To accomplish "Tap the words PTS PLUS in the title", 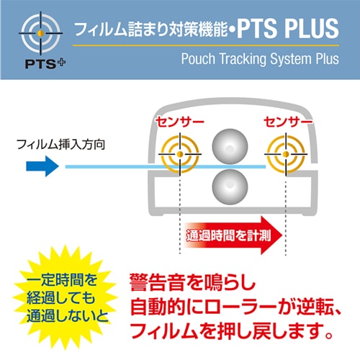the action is (288, 28).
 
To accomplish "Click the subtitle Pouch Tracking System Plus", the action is (260, 59).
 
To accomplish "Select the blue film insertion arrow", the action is (42, 166).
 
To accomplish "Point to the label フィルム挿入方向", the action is (60, 145).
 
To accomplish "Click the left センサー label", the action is (180, 122).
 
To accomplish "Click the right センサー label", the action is (288, 122).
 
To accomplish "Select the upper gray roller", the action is (230, 147).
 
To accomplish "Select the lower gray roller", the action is (230, 186).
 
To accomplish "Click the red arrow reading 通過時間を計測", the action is (233, 235).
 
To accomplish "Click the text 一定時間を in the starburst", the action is (62, 280).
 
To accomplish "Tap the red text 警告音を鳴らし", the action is (192, 282).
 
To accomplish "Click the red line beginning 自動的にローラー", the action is (235, 307).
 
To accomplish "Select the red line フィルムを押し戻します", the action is (231, 331).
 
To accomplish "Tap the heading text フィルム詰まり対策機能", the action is (150, 30).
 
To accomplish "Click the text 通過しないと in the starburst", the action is (68, 316).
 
